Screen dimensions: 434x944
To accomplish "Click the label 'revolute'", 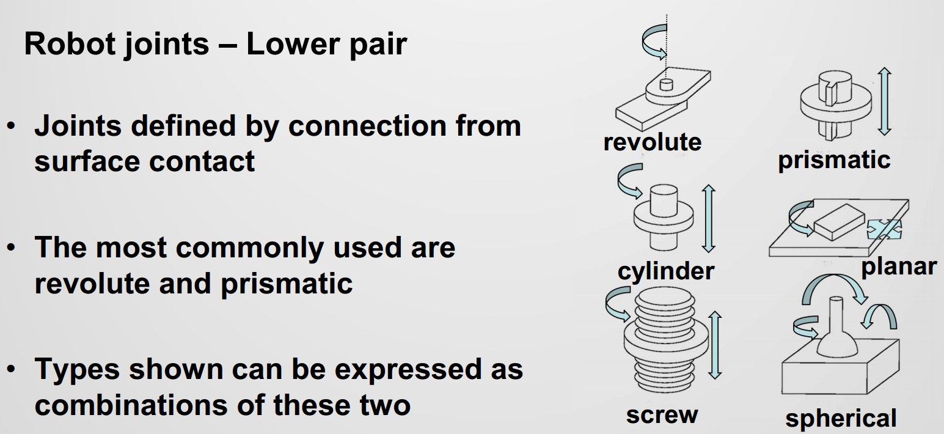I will [652, 142].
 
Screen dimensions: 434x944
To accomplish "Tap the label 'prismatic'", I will [834, 160].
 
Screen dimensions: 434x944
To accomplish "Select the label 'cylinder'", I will [665, 271].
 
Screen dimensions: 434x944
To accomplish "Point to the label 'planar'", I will [898, 266].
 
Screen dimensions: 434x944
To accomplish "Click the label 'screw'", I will [662, 414].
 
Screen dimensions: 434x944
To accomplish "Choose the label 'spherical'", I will [841, 419].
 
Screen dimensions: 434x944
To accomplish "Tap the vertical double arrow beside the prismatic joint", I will [884, 101].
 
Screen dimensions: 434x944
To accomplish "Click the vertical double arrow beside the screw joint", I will [715, 345].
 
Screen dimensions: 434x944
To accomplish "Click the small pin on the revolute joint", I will [666, 83].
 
